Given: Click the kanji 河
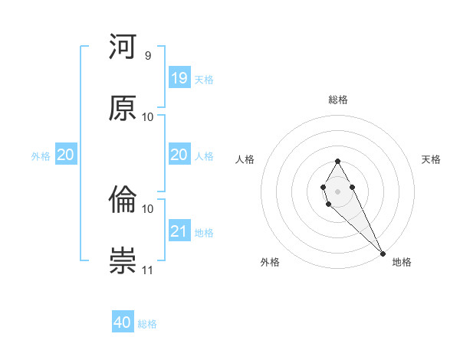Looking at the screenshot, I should (x=123, y=48).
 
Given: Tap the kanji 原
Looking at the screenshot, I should (x=123, y=108).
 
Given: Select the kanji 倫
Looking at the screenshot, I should (x=123, y=201).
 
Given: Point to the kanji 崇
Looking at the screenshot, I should (x=123, y=261).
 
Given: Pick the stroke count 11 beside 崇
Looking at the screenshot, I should (x=148, y=270).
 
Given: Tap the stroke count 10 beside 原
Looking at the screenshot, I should (x=148, y=116).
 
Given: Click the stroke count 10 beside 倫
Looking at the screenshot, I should (x=148, y=208).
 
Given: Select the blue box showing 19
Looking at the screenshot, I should (x=179, y=78).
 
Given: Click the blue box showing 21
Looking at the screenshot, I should (x=179, y=231).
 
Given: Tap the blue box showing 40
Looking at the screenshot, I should (x=123, y=322).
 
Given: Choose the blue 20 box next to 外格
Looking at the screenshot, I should (x=65, y=155).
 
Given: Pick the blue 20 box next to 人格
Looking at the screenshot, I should (x=179, y=155).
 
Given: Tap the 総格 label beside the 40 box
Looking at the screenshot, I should (x=147, y=323).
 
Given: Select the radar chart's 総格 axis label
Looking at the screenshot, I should (x=338, y=100).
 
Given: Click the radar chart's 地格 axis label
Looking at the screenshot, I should (x=402, y=262).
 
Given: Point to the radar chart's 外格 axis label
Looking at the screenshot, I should (x=270, y=262).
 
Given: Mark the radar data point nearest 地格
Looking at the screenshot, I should (x=383, y=252).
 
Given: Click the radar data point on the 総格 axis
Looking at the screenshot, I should (x=337, y=161).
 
